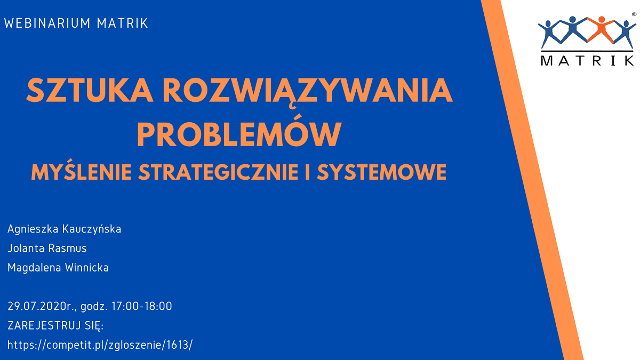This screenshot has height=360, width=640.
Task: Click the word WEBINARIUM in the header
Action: tap(47, 23)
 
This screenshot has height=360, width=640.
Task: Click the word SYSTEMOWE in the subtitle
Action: tap(382, 172)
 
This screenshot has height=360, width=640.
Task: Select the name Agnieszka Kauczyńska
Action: tap(65, 229)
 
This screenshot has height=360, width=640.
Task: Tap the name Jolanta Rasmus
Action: tap(47, 248)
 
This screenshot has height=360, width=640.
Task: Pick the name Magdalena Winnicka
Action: tap(58, 267)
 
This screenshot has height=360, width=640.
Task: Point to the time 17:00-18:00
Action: tap(142, 306)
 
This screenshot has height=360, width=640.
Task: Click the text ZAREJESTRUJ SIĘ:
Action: tap(55, 326)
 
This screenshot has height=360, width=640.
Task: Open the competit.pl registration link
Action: tap(100, 345)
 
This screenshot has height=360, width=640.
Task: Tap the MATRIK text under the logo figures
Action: tap(588, 61)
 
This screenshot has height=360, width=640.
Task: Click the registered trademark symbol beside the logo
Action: tap(634, 14)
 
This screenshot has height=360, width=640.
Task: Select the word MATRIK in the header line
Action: tap(122, 23)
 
